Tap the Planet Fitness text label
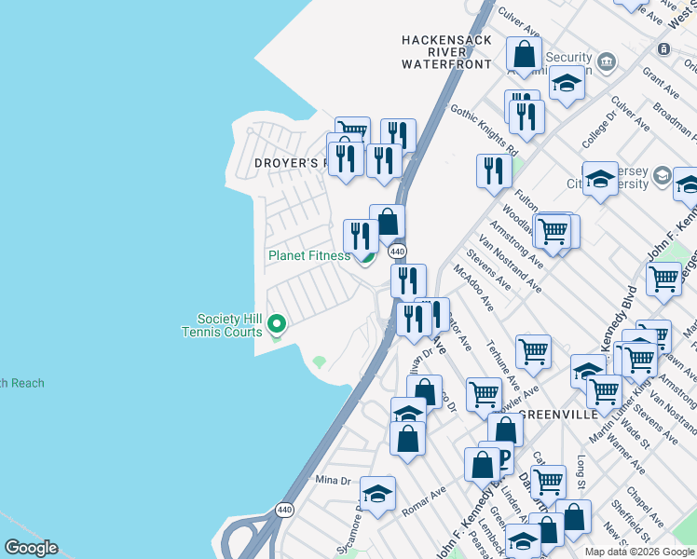tap(308, 255)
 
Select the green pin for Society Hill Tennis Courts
tap(276, 324)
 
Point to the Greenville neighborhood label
tap(556, 414)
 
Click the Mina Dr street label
tap(332, 480)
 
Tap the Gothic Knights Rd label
tap(484, 130)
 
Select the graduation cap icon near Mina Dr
tap(377, 494)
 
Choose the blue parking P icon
tap(502, 457)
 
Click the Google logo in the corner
tap(31, 548)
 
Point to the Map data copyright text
tap(639, 552)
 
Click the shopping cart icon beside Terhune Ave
tap(533, 351)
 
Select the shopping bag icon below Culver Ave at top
tap(524, 53)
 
